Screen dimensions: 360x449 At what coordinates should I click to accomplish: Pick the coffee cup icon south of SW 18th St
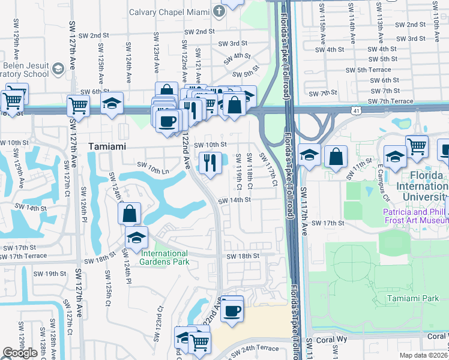click(232, 311)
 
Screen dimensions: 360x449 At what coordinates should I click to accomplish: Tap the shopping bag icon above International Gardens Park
click(130, 213)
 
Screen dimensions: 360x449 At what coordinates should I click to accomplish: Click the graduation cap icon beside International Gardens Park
click(136, 237)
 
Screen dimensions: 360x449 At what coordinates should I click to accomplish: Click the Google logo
click(20, 353)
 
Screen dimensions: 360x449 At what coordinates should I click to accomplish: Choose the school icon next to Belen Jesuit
click(58, 69)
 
